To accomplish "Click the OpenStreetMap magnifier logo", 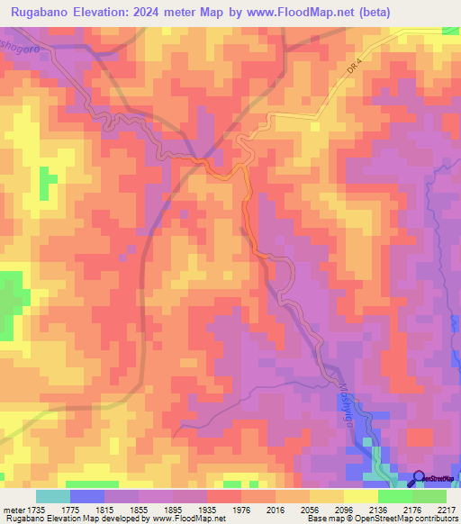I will (x=419, y=477).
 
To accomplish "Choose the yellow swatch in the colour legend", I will (x=360, y=495).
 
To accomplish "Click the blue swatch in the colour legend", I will (x=87, y=495).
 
